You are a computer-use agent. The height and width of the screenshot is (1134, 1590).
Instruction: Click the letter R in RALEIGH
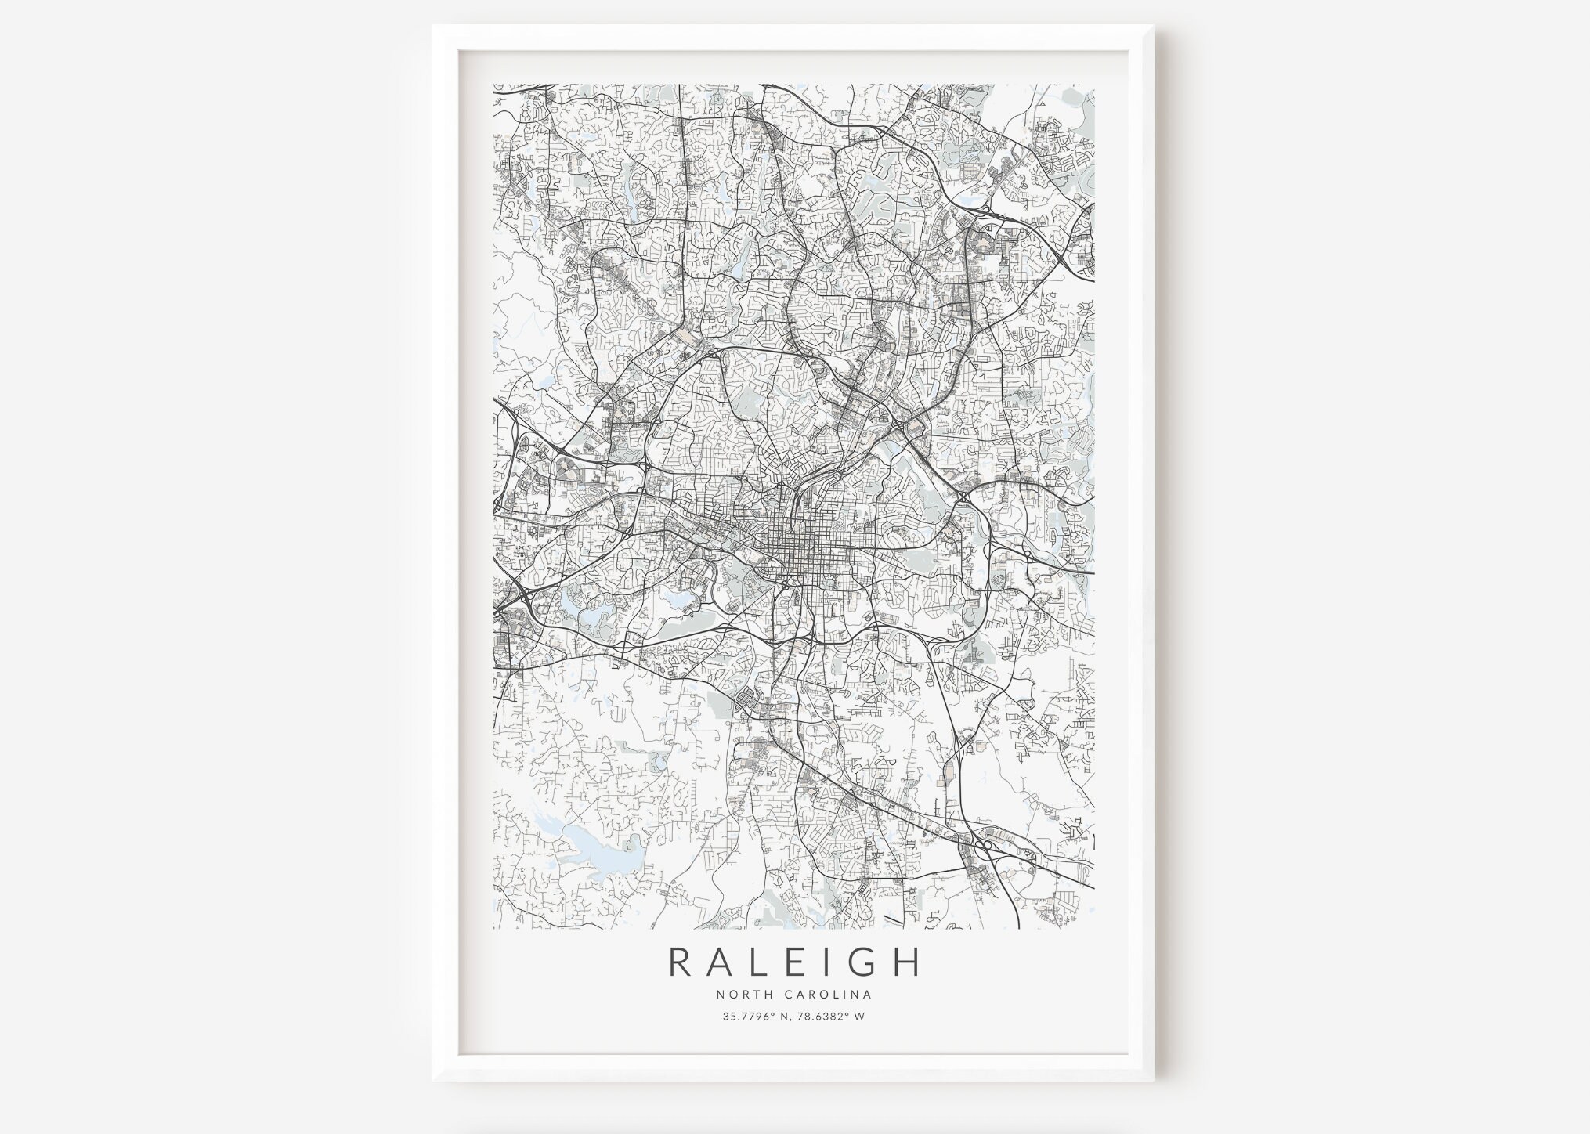click(x=681, y=962)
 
